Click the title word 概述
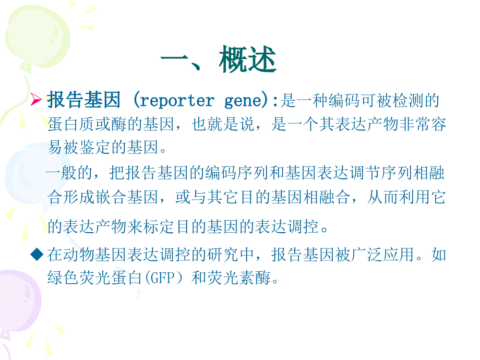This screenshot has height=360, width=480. (247, 59)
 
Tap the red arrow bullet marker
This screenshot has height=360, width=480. (36, 100)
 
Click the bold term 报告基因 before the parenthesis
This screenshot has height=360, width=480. (83, 100)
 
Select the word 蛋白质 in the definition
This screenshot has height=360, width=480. (71, 124)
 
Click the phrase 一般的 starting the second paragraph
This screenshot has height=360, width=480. (69, 173)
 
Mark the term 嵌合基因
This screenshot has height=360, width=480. (127, 197)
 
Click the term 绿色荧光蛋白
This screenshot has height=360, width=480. (95, 278)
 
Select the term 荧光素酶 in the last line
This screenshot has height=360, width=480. (239, 278)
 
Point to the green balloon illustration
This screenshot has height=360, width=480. (38, 37)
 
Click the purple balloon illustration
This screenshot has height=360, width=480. (19, 303)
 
